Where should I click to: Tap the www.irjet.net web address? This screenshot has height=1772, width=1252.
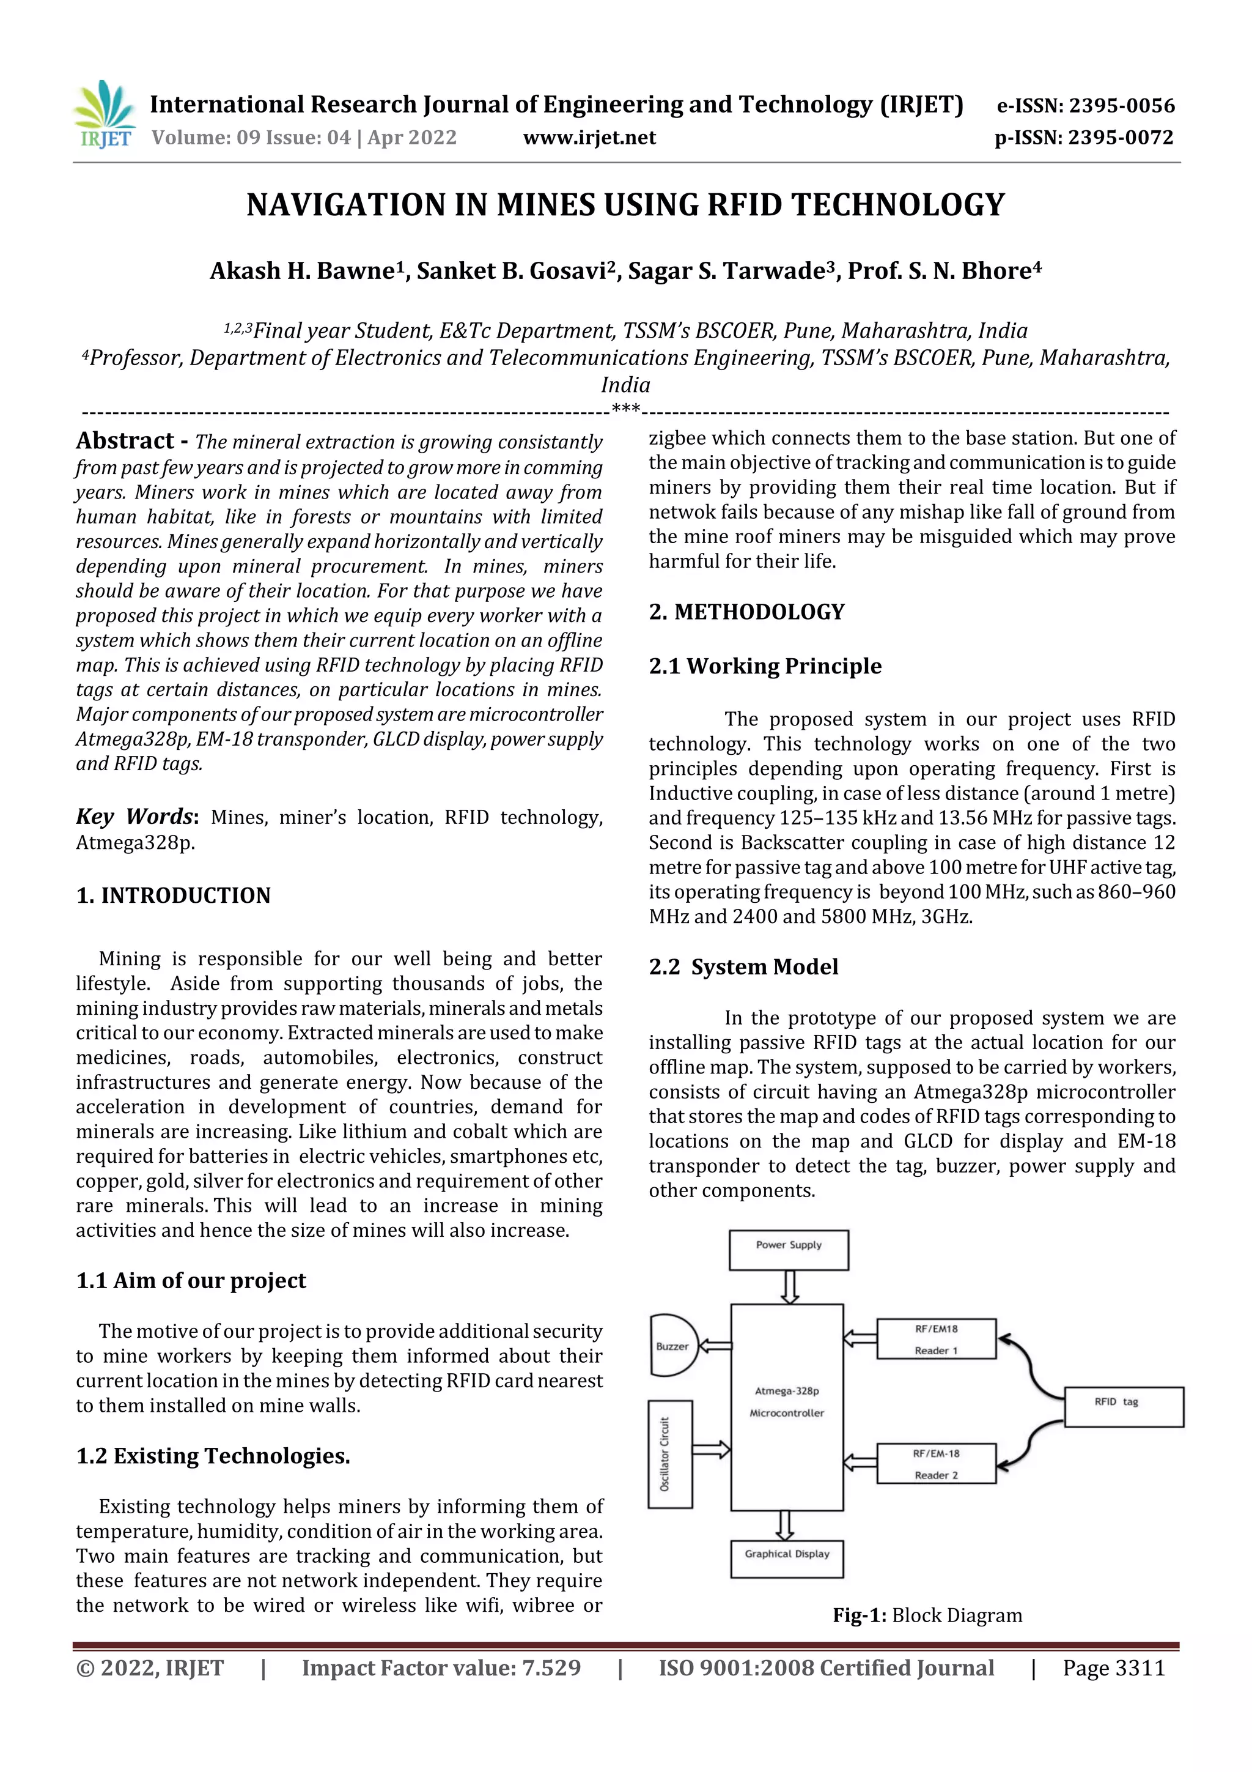(x=589, y=138)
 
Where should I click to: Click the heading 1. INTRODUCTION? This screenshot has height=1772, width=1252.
(x=174, y=895)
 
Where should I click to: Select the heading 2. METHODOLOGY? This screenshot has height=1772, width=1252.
(x=746, y=612)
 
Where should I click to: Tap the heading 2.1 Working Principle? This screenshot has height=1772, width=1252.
(x=765, y=666)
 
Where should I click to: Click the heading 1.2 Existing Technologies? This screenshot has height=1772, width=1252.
(x=213, y=1456)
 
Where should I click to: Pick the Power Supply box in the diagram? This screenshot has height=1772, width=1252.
(x=789, y=1250)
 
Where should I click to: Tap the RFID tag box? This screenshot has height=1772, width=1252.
(x=1123, y=1407)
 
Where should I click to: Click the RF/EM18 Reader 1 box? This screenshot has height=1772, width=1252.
(x=936, y=1339)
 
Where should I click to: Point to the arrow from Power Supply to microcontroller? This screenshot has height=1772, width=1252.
(x=790, y=1286)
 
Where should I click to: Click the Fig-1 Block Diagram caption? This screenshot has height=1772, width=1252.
(x=927, y=1615)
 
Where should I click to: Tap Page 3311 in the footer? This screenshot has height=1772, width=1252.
(x=1113, y=1668)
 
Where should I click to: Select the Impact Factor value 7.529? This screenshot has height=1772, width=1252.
(x=441, y=1668)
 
